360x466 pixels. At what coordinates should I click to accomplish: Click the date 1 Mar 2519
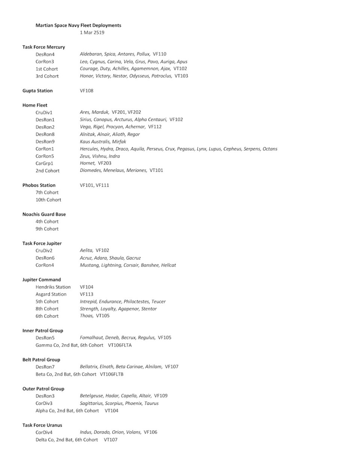92,33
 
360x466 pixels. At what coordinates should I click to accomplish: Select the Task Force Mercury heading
43,47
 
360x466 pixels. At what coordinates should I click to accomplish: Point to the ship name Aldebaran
90,54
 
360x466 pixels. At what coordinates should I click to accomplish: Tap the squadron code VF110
159,54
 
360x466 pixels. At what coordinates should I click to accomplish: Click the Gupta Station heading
37,91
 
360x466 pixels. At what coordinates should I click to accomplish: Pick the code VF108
87,91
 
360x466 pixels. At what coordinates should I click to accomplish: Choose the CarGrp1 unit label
45,164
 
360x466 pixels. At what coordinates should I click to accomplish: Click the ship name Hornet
87,163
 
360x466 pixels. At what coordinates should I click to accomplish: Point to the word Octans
270,149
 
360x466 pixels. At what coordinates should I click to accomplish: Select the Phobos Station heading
39,185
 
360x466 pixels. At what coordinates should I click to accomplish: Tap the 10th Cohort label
48,200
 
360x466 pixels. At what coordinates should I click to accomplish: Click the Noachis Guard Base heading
44,215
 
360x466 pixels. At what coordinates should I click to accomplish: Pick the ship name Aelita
86,251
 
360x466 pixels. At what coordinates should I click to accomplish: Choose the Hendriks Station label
53,287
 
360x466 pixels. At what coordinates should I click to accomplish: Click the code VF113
87,295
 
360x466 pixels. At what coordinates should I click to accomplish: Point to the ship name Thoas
86,316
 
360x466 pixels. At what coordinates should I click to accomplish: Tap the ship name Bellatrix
88,367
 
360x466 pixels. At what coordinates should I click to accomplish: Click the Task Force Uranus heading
42,425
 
